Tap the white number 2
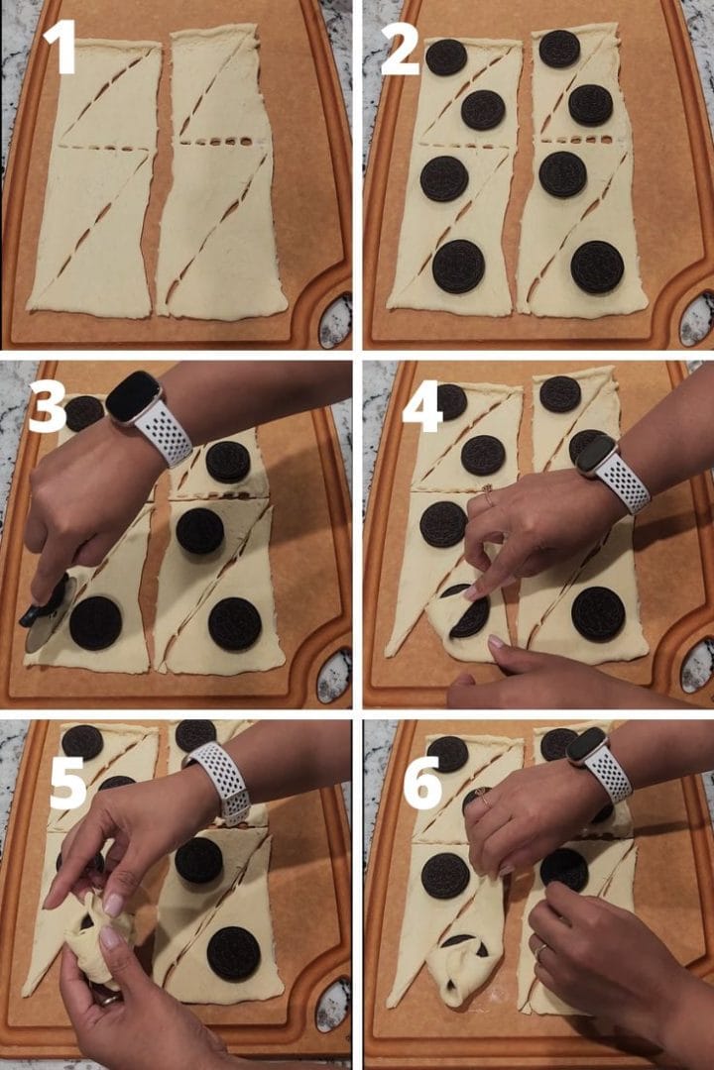click(x=400, y=47)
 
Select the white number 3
click(x=48, y=405)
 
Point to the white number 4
click(x=422, y=405)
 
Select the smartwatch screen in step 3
click(x=133, y=397)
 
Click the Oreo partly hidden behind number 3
click(x=84, y=413)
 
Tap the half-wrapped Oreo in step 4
click(x=467, y=611)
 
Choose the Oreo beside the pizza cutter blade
click(x=95, y=623)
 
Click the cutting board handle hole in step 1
click(x=335, y=320)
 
